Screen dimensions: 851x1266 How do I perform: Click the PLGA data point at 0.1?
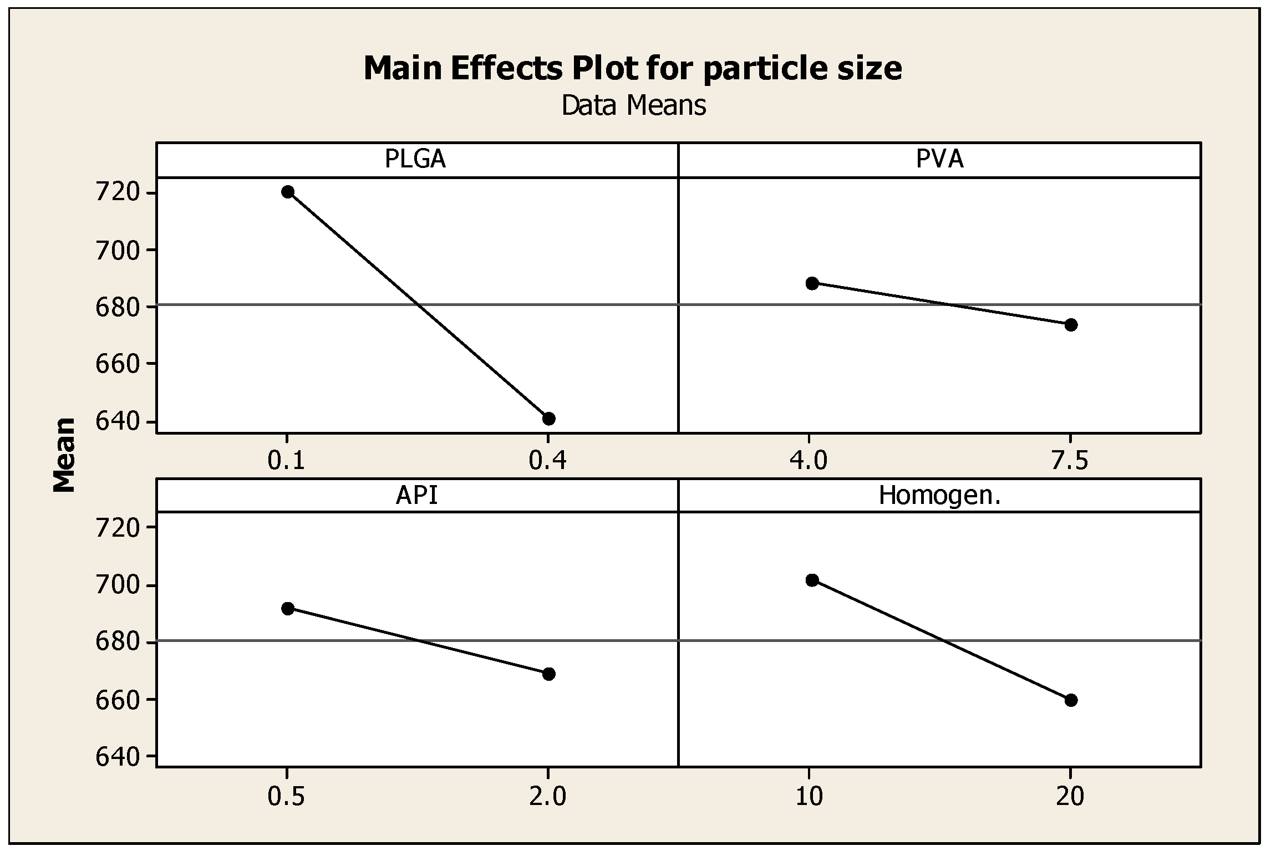coord(287,192)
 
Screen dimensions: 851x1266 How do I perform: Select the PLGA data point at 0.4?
coord(548,419)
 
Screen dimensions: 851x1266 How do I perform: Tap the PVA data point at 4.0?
coord(812,283)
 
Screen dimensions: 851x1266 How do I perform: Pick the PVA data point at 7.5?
coord(1071,325)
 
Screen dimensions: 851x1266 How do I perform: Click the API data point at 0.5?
coord(287,609)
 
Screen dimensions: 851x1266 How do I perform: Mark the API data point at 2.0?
coord(548,674)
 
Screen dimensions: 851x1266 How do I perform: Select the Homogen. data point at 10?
coord(812,580)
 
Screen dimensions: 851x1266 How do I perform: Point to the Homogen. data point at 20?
coord(1071,700)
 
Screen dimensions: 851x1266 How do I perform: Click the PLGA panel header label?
coord(415,160)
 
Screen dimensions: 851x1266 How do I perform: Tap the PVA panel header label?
coord(939,160)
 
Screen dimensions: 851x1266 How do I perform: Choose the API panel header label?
coord(416,495)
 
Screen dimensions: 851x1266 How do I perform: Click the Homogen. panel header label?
coord(939,495)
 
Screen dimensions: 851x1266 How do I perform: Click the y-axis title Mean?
coord(65,455)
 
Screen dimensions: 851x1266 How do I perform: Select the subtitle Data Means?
coord(633,105)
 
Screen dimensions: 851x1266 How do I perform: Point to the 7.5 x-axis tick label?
coord(1070,460)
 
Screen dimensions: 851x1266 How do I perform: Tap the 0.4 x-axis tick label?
coord(547,460)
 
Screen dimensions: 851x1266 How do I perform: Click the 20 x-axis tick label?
coord(1070,797)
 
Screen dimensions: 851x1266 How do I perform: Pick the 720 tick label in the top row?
coord(117,193)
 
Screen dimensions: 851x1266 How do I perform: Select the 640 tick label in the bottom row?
coord(117,757)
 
